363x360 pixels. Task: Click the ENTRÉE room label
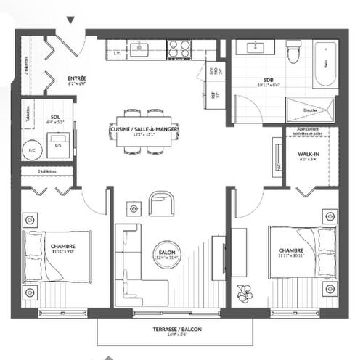coord(77,78)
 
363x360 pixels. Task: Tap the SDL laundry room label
coord(55,117)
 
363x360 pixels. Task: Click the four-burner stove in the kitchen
coord(179,49)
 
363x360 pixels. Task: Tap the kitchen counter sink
coord(142,49)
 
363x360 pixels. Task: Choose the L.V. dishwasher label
coord(117,53)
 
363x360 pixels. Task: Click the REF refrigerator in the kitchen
coord(214,93)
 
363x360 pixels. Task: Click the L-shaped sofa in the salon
coord(134,265)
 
